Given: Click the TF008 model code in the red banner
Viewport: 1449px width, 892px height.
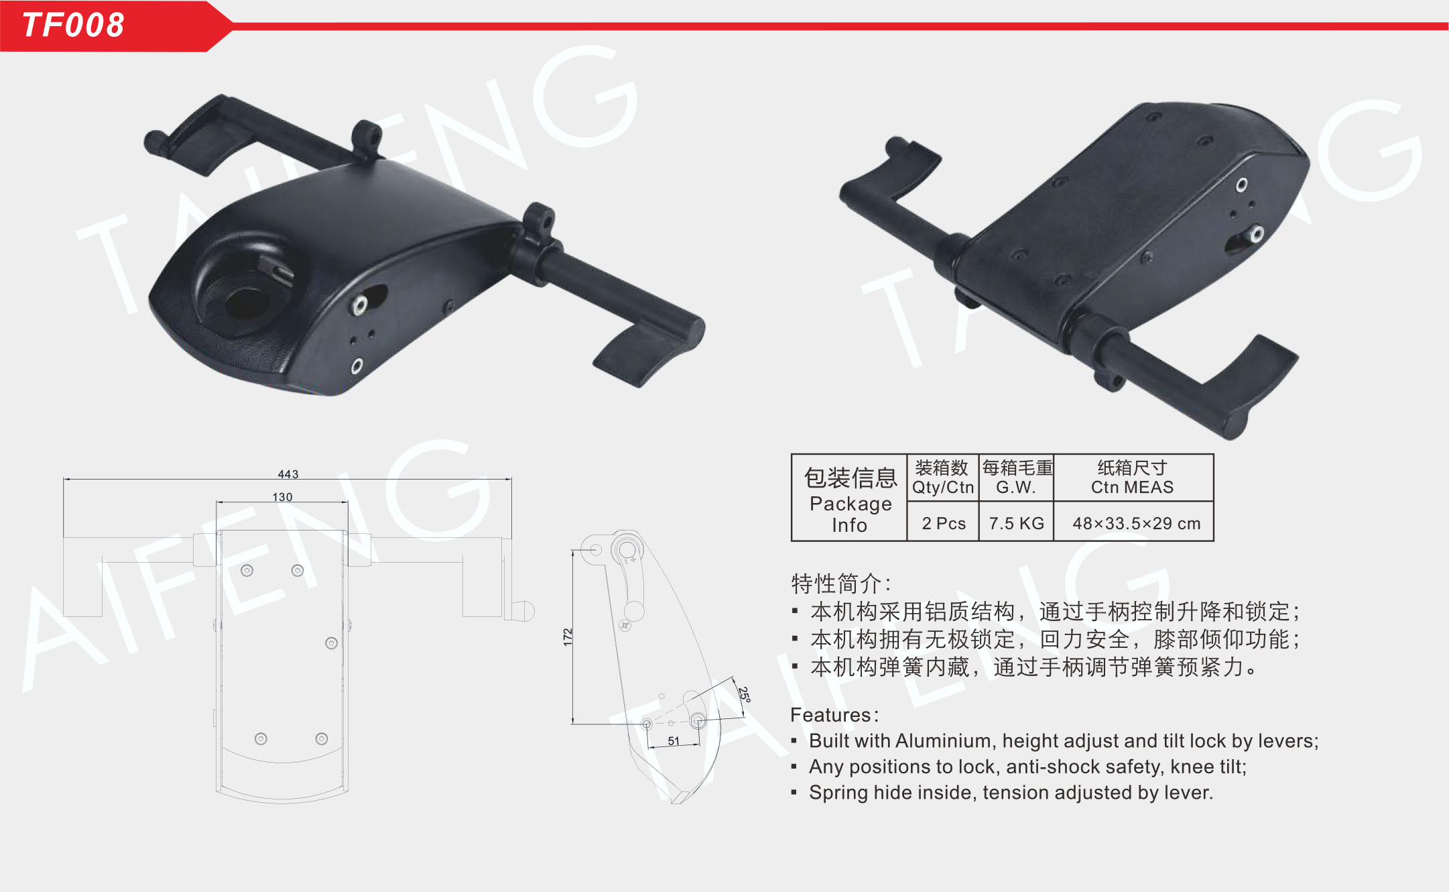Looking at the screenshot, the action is pos(73,25).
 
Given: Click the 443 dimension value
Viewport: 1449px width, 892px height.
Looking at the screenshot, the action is pos(288,474).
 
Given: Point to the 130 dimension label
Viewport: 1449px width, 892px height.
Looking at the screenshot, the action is pos(282,497).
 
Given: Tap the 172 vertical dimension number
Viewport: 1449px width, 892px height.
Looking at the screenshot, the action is pos(568,637).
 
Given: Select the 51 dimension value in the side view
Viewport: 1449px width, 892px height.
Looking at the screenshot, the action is pos(674,741).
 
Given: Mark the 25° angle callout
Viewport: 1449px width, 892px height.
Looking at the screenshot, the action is pos(744,694).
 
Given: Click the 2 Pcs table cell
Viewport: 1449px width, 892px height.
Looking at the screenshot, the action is pos(944,523).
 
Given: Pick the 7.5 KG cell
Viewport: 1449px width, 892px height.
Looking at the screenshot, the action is pos(1016,523).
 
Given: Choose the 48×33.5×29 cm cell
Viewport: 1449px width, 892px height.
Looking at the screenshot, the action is pos(1136,523).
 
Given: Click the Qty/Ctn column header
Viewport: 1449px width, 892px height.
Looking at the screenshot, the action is pos(942,487).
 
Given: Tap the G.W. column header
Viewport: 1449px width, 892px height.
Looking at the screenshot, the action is pos(1016,487).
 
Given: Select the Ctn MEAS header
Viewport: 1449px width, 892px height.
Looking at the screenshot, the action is pos(1132,487).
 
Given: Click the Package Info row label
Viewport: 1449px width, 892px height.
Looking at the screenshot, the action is pos(850,514).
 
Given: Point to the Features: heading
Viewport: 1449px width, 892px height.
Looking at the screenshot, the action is pos(834,715).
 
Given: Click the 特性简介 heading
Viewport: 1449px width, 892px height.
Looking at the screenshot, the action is pos(836,583).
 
